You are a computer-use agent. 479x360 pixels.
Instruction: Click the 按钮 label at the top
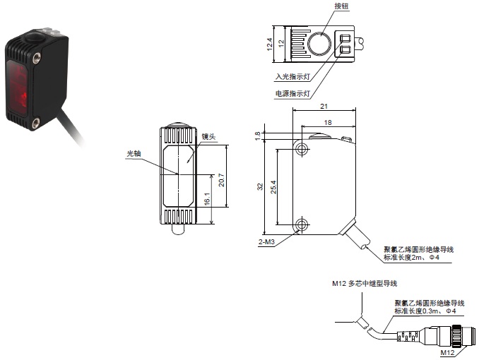(x=343, y=6)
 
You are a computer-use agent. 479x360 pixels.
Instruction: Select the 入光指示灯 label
(x=292, y=77)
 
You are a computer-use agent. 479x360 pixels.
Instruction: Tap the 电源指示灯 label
(x=292, y=93)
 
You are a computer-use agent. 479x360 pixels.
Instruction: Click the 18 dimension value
(x=327, y=122)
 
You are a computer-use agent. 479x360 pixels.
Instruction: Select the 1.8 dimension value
(x=258, y=133)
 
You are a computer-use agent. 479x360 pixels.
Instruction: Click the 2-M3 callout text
(x=266, y=242)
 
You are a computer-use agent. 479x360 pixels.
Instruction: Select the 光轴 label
(x=134, y=152)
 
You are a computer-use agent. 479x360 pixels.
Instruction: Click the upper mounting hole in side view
(x=302, y=148)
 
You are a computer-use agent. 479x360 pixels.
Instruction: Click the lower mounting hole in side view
(x=302, y=225)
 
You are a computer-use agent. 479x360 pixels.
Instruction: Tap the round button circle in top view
(x=317, y=44)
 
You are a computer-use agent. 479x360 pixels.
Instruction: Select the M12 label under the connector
(x=447, y=352)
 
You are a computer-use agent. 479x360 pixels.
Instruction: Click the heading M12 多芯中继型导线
(x=365, y=284)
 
